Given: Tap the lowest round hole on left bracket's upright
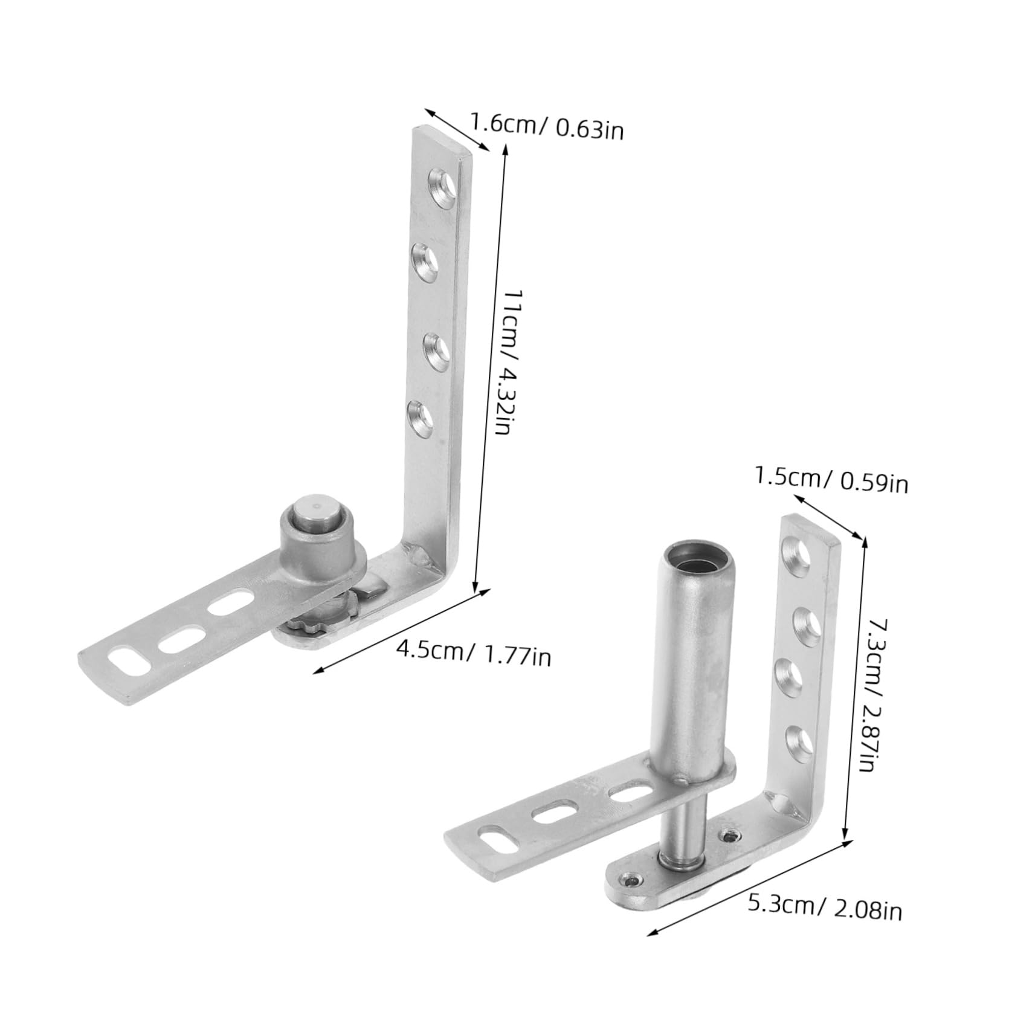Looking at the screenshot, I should tap(421, 416).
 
